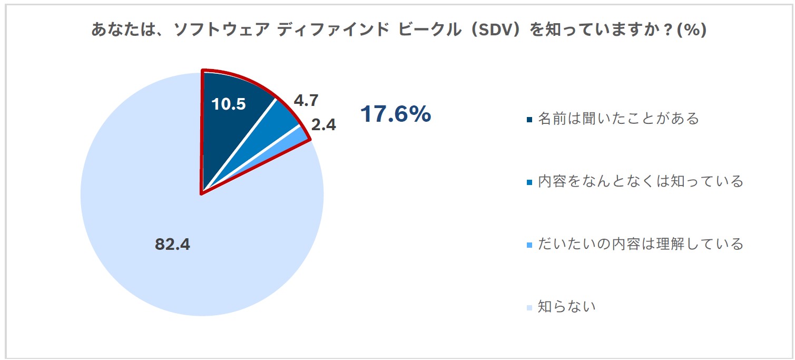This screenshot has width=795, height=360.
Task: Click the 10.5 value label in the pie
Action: [228, 104]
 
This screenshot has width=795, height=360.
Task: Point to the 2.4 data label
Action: [324, 125]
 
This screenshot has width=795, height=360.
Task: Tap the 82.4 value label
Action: [172, 245]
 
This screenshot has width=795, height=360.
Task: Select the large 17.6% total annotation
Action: [395, 114]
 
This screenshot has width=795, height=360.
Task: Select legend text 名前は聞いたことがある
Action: [618, 119]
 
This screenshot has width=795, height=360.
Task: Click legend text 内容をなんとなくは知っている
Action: [640, 181]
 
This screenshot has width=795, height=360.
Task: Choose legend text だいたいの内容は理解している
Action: [640, 244]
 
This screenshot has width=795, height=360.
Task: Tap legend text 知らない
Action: [566, 306]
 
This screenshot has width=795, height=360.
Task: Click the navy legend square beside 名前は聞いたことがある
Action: [529, 120]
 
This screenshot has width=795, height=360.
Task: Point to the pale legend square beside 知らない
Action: [529, 307]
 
